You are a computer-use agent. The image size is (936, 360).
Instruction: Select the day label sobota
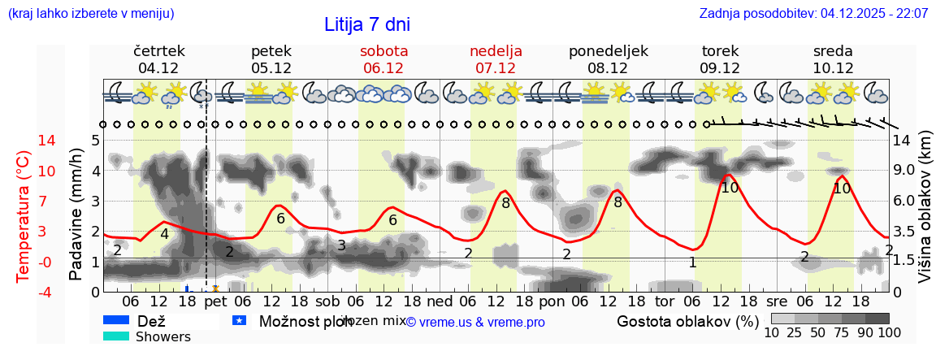(383, 51)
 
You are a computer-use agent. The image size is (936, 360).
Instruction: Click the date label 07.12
(496, 68)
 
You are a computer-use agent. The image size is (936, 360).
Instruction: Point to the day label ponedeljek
(608, 51)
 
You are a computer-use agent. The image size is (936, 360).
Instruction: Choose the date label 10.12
(833, 68)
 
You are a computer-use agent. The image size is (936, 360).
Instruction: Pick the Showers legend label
(163, 336)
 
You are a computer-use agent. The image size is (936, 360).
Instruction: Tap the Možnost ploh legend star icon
(239, 321)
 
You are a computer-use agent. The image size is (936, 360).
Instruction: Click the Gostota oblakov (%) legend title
(687, 321)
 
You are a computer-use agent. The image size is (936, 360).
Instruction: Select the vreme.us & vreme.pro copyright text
(475, 322)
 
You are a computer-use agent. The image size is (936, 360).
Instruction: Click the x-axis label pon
(552, 301)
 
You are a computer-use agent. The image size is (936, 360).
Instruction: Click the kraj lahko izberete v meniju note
(90, 14)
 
